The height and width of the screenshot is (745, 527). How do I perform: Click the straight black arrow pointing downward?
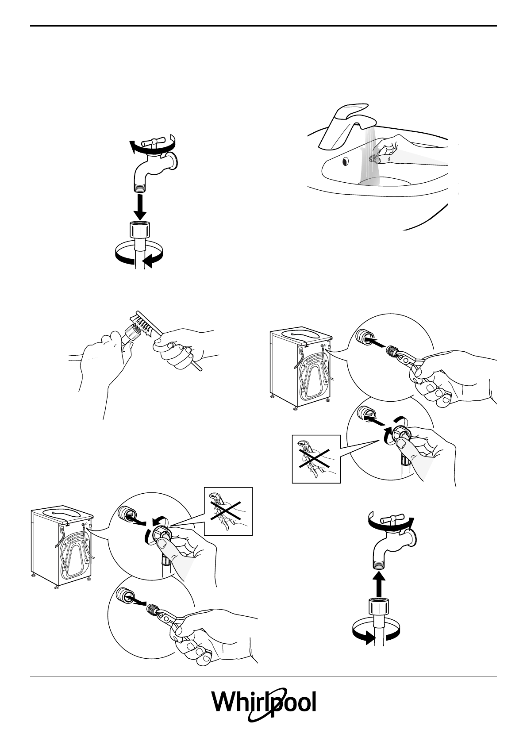139,207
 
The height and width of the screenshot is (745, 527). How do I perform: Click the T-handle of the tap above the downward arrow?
151,143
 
